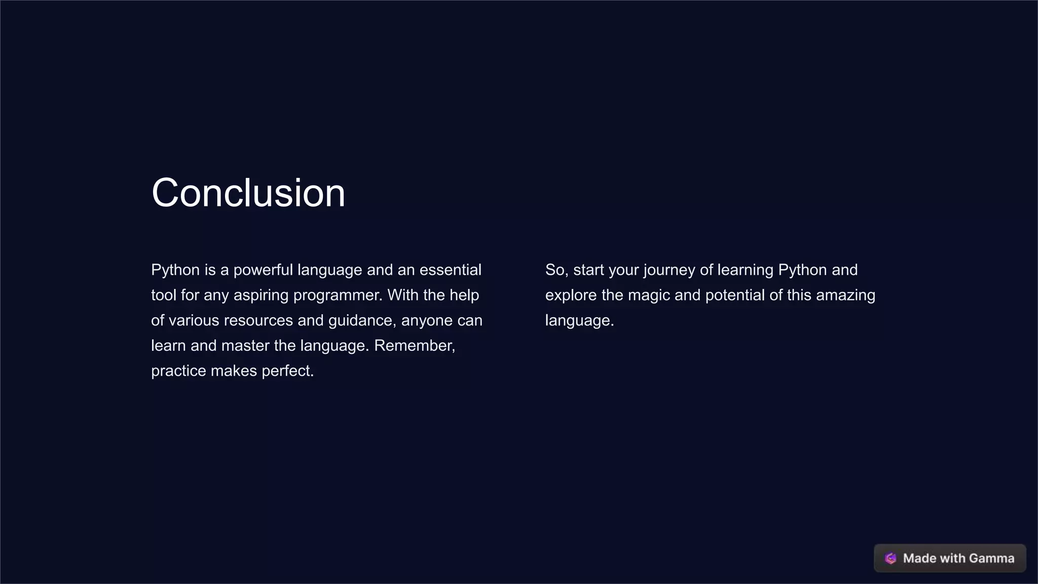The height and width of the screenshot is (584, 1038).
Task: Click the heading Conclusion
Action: point(248,193)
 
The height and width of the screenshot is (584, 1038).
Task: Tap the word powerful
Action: point(263,270)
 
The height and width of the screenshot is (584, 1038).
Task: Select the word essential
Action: point(450,270)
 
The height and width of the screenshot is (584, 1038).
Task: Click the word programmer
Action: point(338,296)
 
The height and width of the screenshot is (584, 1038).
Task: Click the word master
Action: point(245,346)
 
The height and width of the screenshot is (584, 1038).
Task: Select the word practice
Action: point(178,371)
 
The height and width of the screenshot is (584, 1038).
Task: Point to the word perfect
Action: point(287,371)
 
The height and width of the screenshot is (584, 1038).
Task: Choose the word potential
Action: point(735,296)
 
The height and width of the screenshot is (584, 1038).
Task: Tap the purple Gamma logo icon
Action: point(891,558)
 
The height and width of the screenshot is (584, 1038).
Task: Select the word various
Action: point(194,320)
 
